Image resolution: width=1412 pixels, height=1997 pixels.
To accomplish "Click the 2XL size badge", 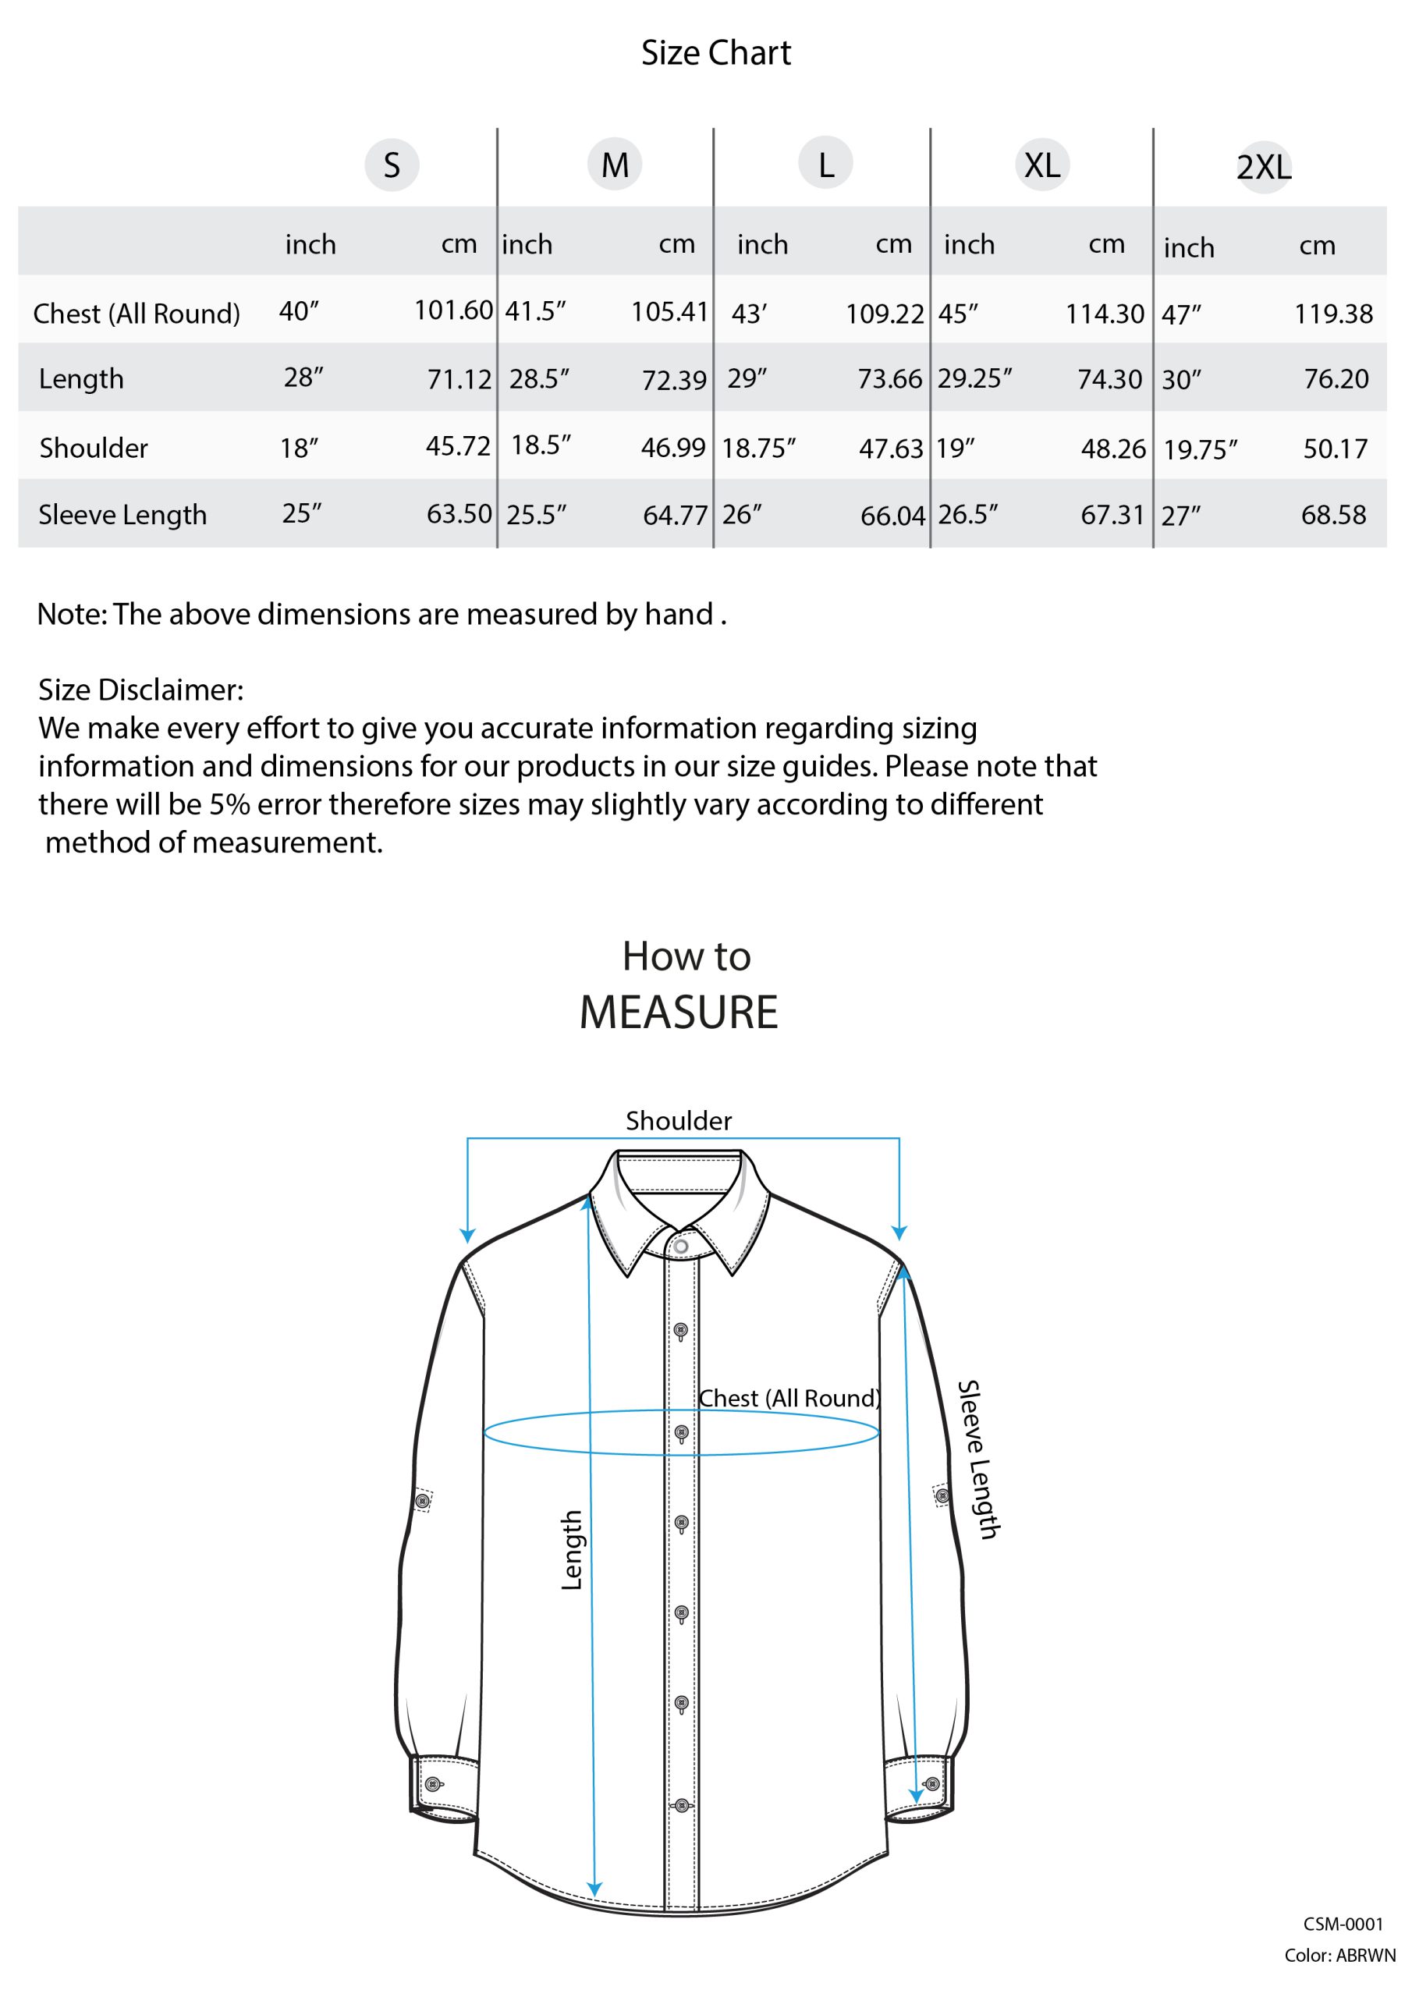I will point(1263,166).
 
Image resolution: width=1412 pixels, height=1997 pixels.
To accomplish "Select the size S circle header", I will point(392,165).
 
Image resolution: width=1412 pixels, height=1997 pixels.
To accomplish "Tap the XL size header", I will point(1041,165).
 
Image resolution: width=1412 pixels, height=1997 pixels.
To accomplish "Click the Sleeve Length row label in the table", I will point(122,515).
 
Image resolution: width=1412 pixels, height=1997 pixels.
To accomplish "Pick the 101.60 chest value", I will point(453,310).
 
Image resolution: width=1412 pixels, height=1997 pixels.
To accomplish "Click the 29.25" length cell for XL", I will point(974,378).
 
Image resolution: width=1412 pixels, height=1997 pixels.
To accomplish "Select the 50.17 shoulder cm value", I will point(1335,449).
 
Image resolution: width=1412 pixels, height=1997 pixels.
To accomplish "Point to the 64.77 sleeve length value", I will point(674,516).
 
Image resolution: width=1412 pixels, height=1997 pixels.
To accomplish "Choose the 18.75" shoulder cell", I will point(758,448).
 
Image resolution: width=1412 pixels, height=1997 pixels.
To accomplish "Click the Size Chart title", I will point(715,53).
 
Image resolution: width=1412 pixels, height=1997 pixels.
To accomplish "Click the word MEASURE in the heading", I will point(679,1013).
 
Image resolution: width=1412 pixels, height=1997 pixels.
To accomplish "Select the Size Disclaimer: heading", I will point(141,690).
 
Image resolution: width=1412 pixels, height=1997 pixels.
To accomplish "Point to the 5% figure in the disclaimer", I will point(229,804).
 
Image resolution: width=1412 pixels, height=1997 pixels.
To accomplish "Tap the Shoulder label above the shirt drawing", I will point(679,1121).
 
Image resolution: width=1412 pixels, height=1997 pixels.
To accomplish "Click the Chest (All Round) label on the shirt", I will point(790,1398).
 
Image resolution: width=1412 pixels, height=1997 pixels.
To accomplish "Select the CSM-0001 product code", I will point(1343,1924).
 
